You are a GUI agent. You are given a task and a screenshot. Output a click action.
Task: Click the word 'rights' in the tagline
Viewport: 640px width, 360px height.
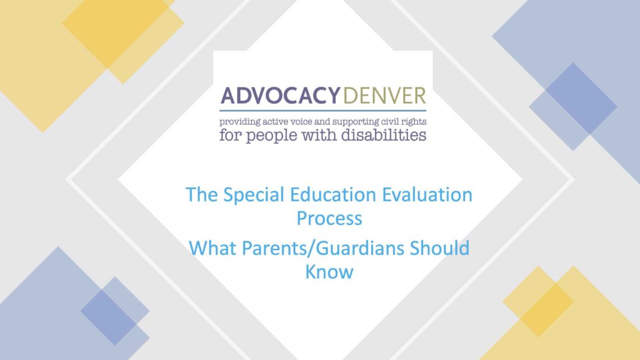[414, 121]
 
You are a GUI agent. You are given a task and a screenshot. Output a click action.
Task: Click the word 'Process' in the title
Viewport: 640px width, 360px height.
[329, 218]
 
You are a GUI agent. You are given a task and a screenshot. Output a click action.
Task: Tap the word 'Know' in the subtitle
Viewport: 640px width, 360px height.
[329, 271]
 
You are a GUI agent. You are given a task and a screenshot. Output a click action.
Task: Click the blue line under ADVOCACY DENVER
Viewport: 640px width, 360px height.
[323, 110]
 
